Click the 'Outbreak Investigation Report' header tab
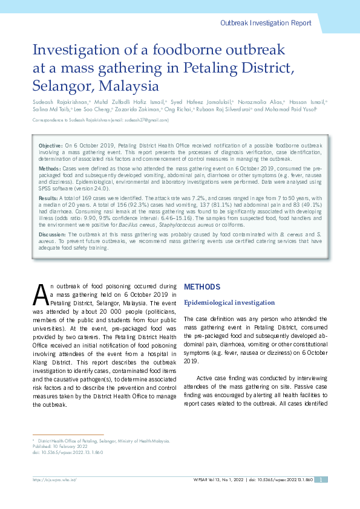click(x=266, y=23)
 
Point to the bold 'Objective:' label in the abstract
click(x=50, y=146)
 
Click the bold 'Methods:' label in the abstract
click(x=49, y=167)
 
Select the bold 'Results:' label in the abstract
click(x=48, y=198)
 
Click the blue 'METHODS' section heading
click(x=198, y=286)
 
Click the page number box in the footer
click(x=322, y=479)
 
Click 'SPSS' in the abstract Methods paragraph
click(x=47, y=189)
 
